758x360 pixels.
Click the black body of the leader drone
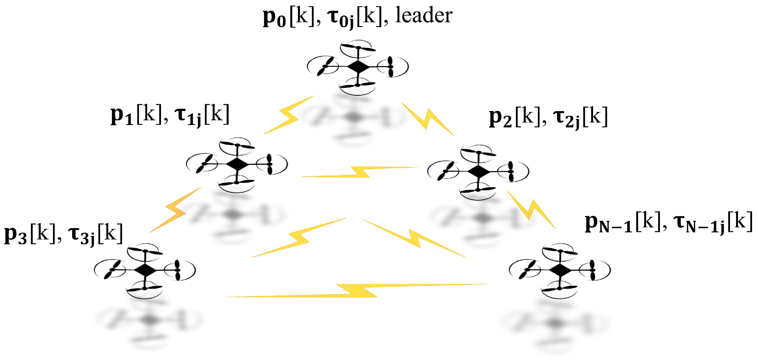pos(358,66)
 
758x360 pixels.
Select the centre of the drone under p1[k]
pos(237,164)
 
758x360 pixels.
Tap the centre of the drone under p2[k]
pos(478,171)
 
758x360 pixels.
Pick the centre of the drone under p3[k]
pos(145,270)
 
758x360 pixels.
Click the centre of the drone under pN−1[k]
pos(560,270)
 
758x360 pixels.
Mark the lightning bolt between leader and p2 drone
pos(428,119)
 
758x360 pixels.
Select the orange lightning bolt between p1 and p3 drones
pos(176,210)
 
